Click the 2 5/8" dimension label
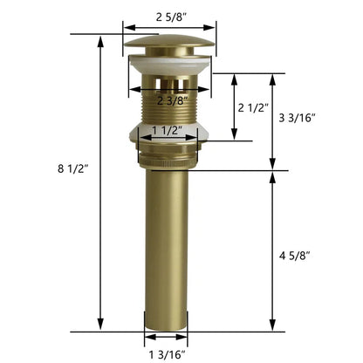pyautogui.click(x=168, y=14)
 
